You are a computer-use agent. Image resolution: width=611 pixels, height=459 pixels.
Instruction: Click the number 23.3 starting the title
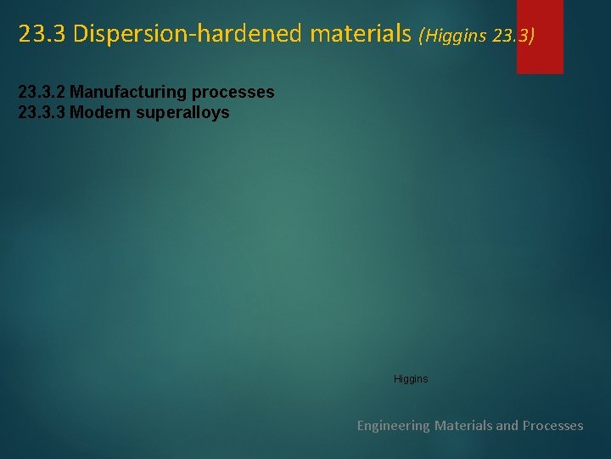point(42,34)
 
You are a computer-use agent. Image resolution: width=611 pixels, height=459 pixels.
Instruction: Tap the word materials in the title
point(360,34)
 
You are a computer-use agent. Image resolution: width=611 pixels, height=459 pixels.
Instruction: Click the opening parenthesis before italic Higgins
point(422,37)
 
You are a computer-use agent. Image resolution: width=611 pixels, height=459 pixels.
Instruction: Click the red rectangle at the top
point(540,37)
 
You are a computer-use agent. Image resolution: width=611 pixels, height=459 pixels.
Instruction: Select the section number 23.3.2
point(42,92)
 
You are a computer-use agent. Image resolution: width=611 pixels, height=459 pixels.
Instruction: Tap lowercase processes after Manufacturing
point(233,92)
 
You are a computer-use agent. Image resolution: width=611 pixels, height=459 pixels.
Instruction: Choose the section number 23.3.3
point(42,112)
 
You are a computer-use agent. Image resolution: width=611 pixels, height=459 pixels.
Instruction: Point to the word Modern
point(96,112)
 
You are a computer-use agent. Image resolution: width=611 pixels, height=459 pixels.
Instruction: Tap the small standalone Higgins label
point(411,379)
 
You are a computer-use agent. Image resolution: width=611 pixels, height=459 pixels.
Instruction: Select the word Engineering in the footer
point(393,426)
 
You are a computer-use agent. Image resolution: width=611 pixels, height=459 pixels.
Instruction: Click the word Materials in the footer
point(463,425)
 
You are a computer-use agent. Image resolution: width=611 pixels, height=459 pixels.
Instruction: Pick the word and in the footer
point(507,425)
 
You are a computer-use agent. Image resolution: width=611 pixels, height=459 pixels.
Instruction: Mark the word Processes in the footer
point(553,425)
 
